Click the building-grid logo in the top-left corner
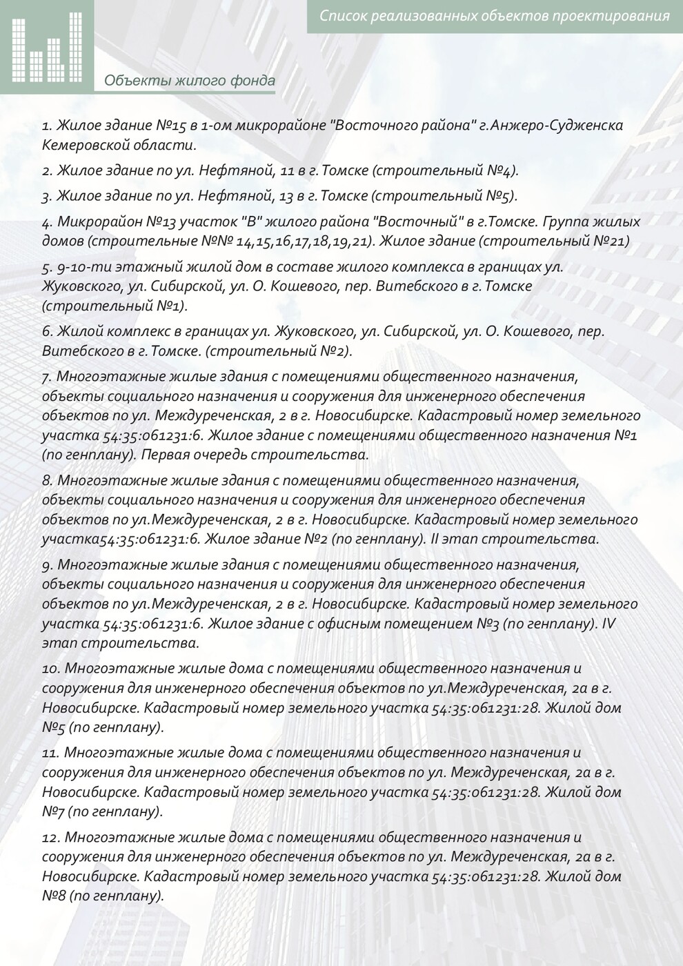[x=47, y=46]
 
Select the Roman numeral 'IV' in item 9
[x=608, y=624]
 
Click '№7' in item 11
[x=53, y=811]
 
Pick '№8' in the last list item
[x=53, y=896]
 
